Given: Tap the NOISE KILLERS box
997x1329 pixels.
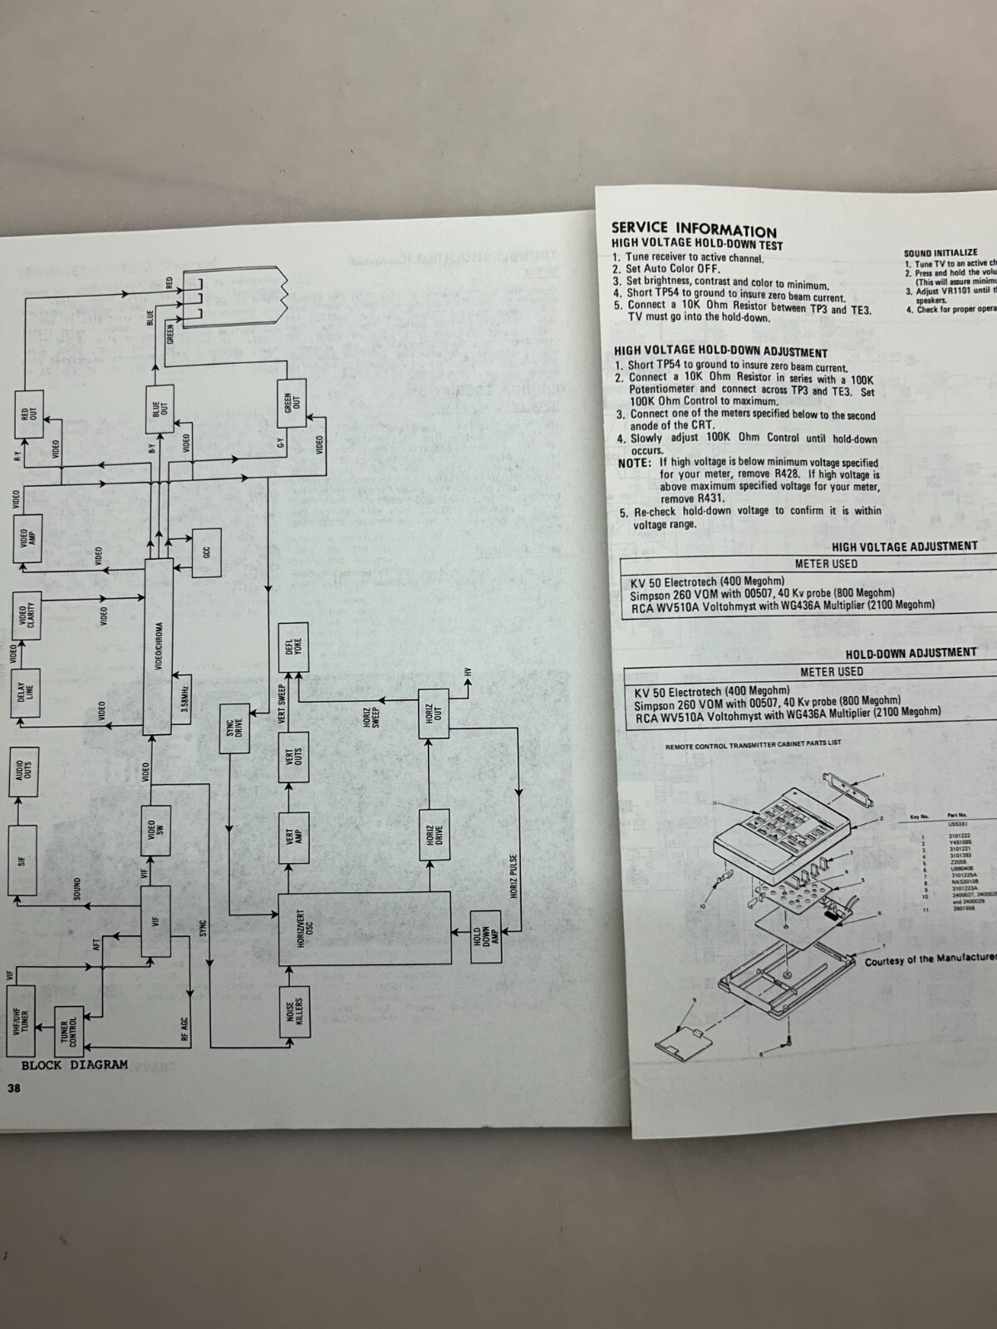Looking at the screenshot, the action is (294, 1016).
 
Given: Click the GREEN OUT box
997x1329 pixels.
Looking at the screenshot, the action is (292, 404).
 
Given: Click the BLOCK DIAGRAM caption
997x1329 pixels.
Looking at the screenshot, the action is (75, 1065).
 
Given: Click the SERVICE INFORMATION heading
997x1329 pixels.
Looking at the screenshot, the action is (694, 228).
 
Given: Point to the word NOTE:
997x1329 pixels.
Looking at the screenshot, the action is (636, 462).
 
